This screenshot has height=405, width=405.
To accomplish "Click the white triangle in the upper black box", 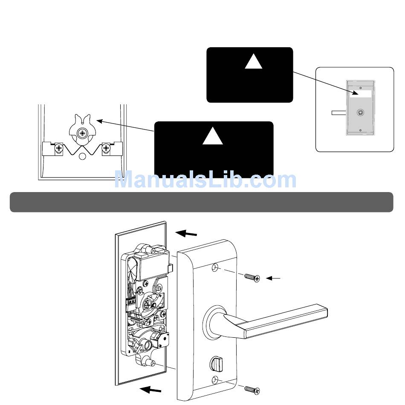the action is pyautogui.click(x=255, y=62).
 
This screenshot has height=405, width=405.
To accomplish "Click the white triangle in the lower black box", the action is pyautogui.click(x=213, y=137).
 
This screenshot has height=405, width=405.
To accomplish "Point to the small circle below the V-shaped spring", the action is pyautogui.click(x=83, y=156).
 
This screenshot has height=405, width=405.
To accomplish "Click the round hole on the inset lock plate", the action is pyautogui.click(x=361, y=113).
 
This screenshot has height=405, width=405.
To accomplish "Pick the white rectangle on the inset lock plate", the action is pyautogui.click(x=361, y=94).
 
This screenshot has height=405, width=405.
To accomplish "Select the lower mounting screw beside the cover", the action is pyautogui.click(x=252, y=389).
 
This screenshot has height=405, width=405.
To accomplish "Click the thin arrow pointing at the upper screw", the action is pyautogui.click(x=274, y=279).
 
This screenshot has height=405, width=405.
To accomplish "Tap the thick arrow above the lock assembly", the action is pyautogui.click(x=188, y=233).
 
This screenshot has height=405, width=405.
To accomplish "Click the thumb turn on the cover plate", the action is pyautogui.click(x=213, y=365).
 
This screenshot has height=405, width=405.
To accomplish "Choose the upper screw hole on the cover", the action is pyautogui.click(x=215, y=268).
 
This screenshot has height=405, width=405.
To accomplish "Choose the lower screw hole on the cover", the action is pyautogui.click(x=215, y=380).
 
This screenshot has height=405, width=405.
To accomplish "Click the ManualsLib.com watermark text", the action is pyautogui.click(x=205, y=180).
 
